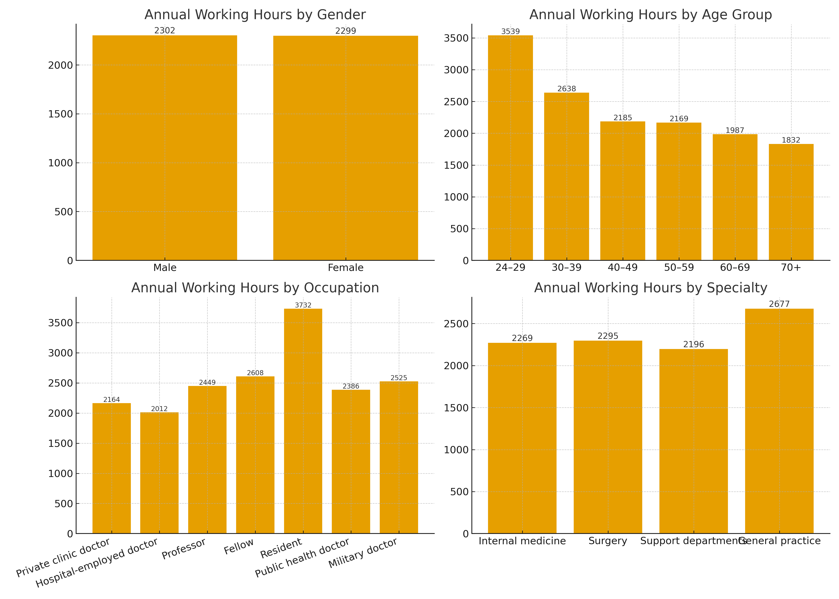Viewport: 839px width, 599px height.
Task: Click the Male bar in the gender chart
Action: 165,148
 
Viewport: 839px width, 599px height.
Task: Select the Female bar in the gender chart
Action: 345,148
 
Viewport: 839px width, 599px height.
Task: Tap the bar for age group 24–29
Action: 510,148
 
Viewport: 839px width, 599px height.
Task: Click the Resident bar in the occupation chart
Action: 303,420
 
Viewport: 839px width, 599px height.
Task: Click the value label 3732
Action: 303,305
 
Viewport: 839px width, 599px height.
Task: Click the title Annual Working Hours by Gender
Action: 255,15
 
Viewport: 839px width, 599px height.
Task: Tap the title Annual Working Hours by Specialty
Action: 650,288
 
